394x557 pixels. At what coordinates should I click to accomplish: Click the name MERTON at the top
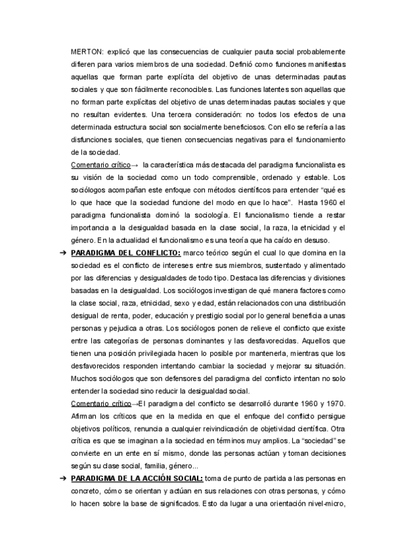pyautogui.click(x=86, y=51)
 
